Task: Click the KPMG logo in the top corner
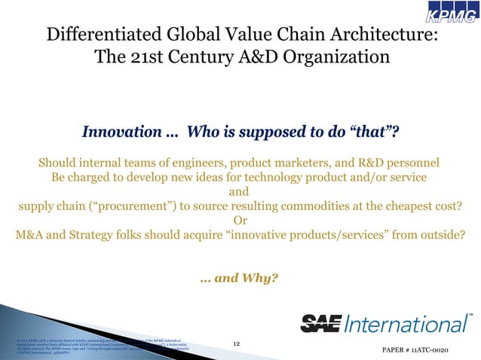click(447, 15)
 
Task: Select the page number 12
click(237, 344)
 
